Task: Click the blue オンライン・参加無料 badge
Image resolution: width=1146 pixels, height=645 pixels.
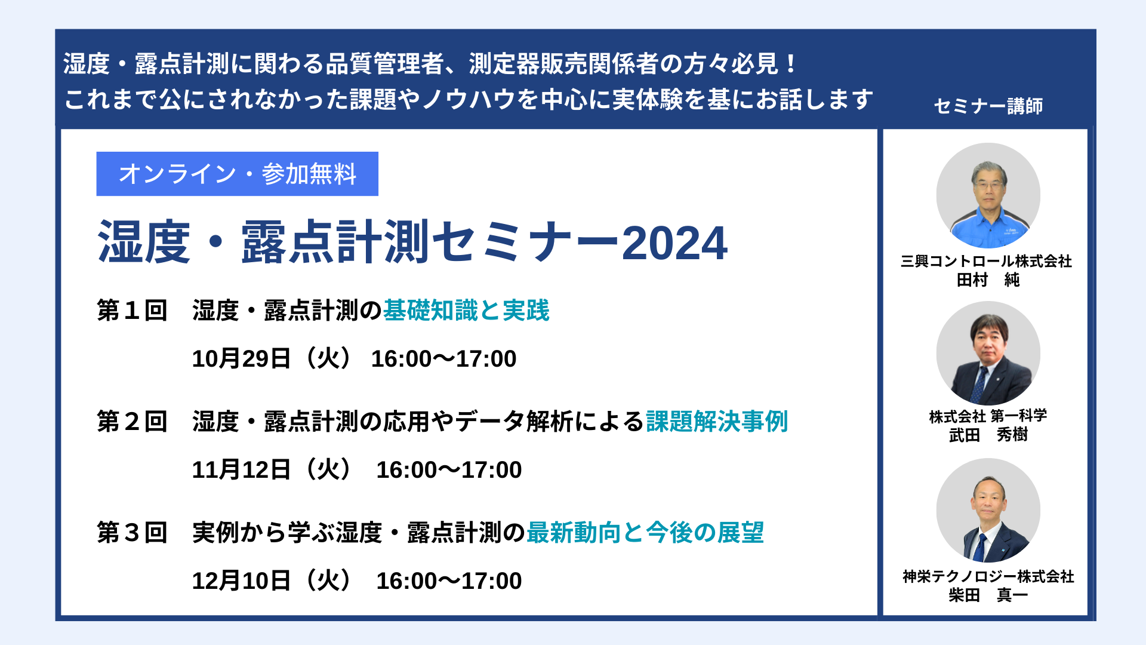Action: pyautogui.click(x=237, y=174)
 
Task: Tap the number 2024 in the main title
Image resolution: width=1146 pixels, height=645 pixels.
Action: pyautogui.click(x=674, y=243)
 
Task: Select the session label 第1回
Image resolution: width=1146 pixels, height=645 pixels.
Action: pyautogui.click(x=132, y=311)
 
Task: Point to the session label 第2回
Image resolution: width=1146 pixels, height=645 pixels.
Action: pyautogui.click(x=132, y=422)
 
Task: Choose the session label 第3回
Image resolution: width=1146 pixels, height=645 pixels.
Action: pyautogui.click(x=132, y=533)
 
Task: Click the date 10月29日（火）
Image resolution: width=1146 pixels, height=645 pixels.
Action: pyautogui.click(x=272, y=358)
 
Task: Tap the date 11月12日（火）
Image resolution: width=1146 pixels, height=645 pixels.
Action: pyautogui.click(x=272, y=469)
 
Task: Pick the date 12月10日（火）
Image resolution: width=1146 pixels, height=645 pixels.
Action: pyautogui.click(x=272, y=580)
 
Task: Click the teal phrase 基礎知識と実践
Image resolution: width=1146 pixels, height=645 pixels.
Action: pyautogui.click(x=466, y=311)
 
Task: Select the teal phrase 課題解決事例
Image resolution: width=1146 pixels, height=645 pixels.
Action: pyautogui.click(x=717, y=422)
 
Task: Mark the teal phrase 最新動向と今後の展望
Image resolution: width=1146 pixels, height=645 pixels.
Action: pyautogui.click(x=645, y=533)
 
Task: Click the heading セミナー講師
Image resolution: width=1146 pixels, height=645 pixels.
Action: pyautogui.click(x=988, y=106)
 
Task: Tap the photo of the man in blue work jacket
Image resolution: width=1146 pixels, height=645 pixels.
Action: pyautogui.click(x=988, y=195)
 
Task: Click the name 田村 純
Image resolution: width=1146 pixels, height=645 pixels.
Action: pyautogui.click(x=988, y=279)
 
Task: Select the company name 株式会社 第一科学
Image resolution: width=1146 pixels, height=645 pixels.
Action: pyautogui.click(x=988, y=416)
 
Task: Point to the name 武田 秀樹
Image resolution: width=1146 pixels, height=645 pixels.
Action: pyautogui.click(x=988, y=435)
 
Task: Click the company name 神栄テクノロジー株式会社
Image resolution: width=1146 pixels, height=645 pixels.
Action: pyautogui.click(x=988, y=576)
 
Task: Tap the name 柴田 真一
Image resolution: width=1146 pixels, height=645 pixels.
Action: pyautogui.click(x=988, y=595)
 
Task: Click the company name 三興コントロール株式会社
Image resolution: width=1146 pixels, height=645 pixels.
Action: pyautogui.click(x=987, y=261)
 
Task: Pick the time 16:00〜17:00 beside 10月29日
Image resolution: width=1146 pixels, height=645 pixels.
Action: pyautogui.click(x=443, y=358)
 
